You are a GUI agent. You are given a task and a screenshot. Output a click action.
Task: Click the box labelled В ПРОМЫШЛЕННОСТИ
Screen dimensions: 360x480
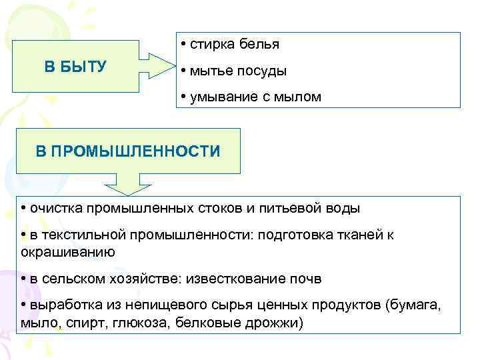pos(127,152)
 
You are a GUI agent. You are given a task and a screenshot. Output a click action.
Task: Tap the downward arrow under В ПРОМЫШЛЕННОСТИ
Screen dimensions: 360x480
pos(126,183)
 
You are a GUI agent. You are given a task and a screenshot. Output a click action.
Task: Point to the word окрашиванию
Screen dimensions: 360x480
pos(69,252)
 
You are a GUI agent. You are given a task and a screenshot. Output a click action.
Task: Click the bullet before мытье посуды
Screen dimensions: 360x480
pos(182,71)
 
